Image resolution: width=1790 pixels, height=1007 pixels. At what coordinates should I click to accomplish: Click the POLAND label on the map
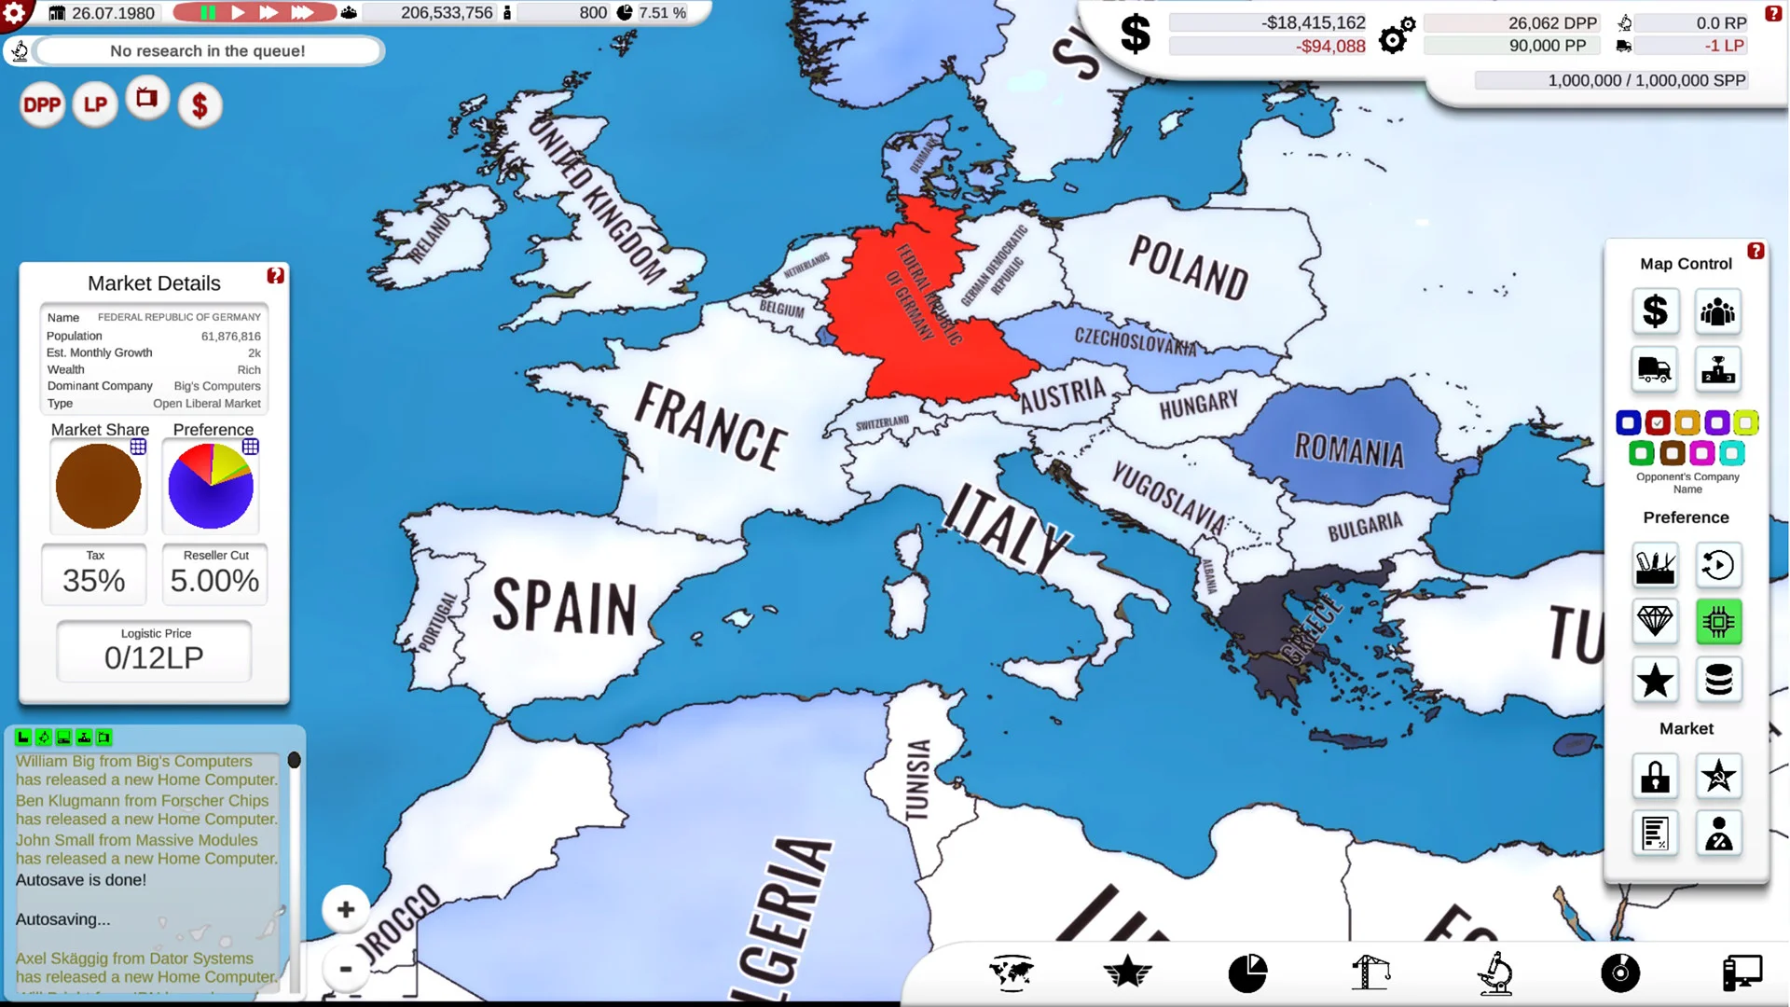coord(1188,269)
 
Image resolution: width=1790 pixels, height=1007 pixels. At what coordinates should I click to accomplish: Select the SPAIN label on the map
coord(564,606)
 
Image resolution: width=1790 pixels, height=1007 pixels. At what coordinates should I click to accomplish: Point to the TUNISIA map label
coord(918,779)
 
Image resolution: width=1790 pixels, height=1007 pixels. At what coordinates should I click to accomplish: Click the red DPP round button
coord(42,105)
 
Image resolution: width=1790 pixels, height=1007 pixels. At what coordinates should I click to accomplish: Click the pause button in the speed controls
coord(208,13)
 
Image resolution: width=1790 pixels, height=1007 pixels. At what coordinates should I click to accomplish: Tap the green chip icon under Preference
coord(1717,622)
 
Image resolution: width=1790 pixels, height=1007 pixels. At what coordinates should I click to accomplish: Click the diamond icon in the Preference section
coord(1655,622)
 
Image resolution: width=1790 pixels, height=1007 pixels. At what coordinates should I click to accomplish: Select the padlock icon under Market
coord(1655,777)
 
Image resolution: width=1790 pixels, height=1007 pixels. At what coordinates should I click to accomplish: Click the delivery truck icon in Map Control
coord(1655,370)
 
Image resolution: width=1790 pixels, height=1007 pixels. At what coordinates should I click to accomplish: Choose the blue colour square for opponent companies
coord(1628,423)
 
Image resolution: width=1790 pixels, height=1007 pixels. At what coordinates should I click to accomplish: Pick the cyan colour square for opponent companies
coord(1731,454)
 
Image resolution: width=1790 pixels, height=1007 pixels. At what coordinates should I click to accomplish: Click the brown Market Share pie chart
coord(98,486)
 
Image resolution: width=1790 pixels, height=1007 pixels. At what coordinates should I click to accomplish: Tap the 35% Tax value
coord(93,581)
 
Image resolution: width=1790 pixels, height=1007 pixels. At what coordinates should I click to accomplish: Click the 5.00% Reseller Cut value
coord(214,581)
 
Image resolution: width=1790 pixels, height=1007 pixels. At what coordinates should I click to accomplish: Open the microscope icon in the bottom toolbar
coord(1494,973)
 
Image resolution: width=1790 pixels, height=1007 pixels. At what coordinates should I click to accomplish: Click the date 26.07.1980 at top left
coord(113,13)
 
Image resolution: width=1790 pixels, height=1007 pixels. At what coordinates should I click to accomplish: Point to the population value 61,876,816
coord(230,337)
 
